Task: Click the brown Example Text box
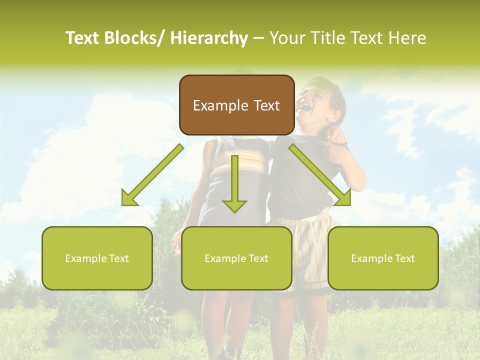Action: tap(236, 105)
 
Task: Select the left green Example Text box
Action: tap(97, 258)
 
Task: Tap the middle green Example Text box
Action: tap(236, 258)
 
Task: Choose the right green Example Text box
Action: tap(383, 258)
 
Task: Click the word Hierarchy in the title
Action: tap(209, 38)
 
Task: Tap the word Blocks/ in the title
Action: tap(134, 38)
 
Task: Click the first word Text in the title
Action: tap(82, 38)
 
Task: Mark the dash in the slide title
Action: tap(258, 38)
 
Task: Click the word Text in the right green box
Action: tap(404, 258)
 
